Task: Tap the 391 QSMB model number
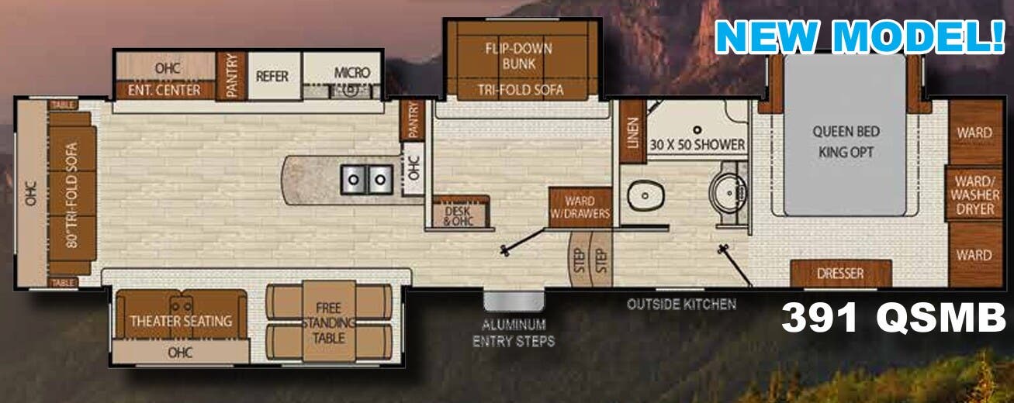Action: point(892,318)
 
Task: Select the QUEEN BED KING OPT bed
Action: point(845,141)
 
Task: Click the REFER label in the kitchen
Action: point(272,76)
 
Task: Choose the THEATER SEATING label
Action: point(181,320)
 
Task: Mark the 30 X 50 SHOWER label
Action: point(697,144)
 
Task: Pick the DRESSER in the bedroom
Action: point(840,273)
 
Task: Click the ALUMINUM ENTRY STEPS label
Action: point(514,332)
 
